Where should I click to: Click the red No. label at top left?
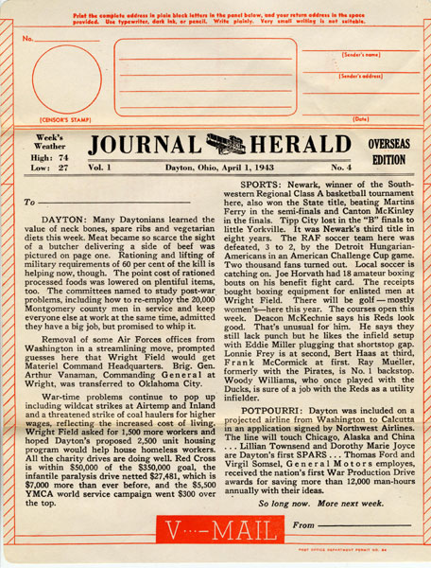(27, 39)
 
